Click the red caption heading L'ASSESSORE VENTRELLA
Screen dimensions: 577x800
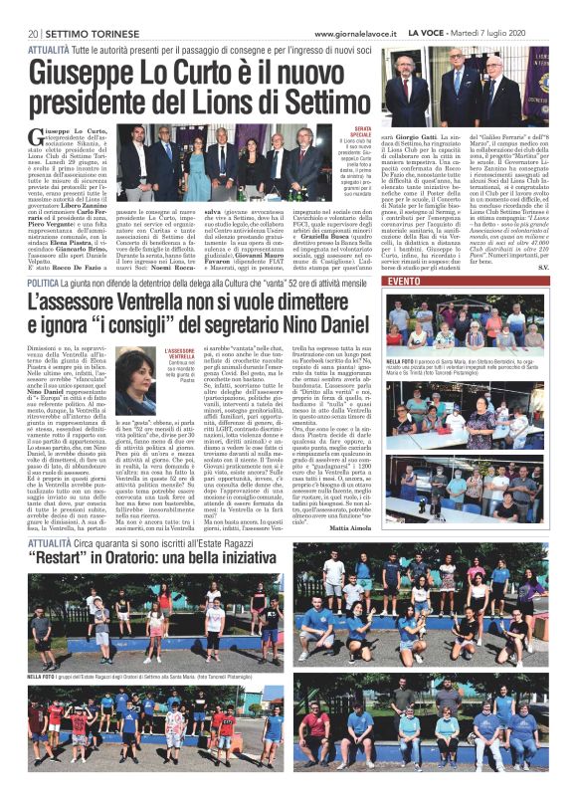[x=182, y=354]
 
